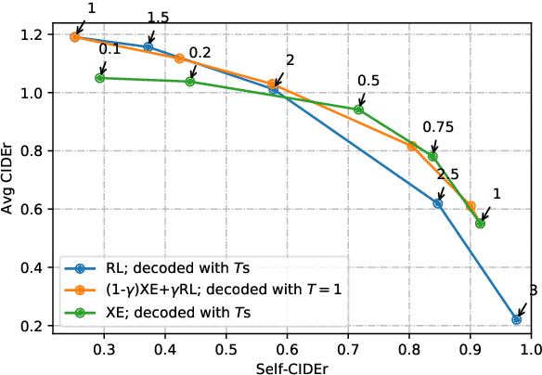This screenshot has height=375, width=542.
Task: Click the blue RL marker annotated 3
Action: (517, 319)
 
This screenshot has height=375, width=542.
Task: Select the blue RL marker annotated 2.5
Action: (438, 203)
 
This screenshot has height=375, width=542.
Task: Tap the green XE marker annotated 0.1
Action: (99, 78)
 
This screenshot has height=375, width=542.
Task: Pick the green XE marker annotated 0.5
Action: (358, 110)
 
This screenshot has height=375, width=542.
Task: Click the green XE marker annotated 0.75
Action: (432, 157)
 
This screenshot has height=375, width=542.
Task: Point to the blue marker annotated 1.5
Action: (148, 46)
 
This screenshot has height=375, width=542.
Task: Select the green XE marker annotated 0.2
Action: (190, 82)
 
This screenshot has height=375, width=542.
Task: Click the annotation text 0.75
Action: (438, 126)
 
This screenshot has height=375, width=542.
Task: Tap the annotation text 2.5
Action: (447, 174)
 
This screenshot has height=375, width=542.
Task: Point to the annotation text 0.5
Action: (368, 80)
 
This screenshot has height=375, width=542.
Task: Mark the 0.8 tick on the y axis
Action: (34, 151)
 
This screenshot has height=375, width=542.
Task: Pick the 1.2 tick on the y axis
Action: (34, 34)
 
